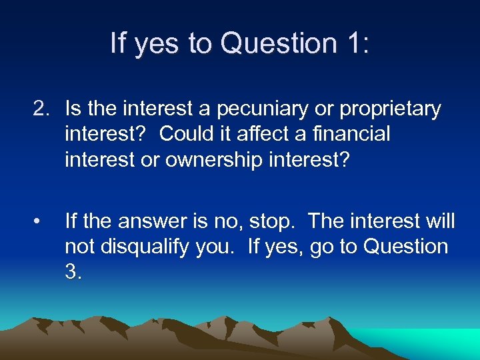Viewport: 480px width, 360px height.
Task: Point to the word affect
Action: tap(259, 134)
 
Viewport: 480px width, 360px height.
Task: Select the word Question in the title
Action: tap(279, 44)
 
